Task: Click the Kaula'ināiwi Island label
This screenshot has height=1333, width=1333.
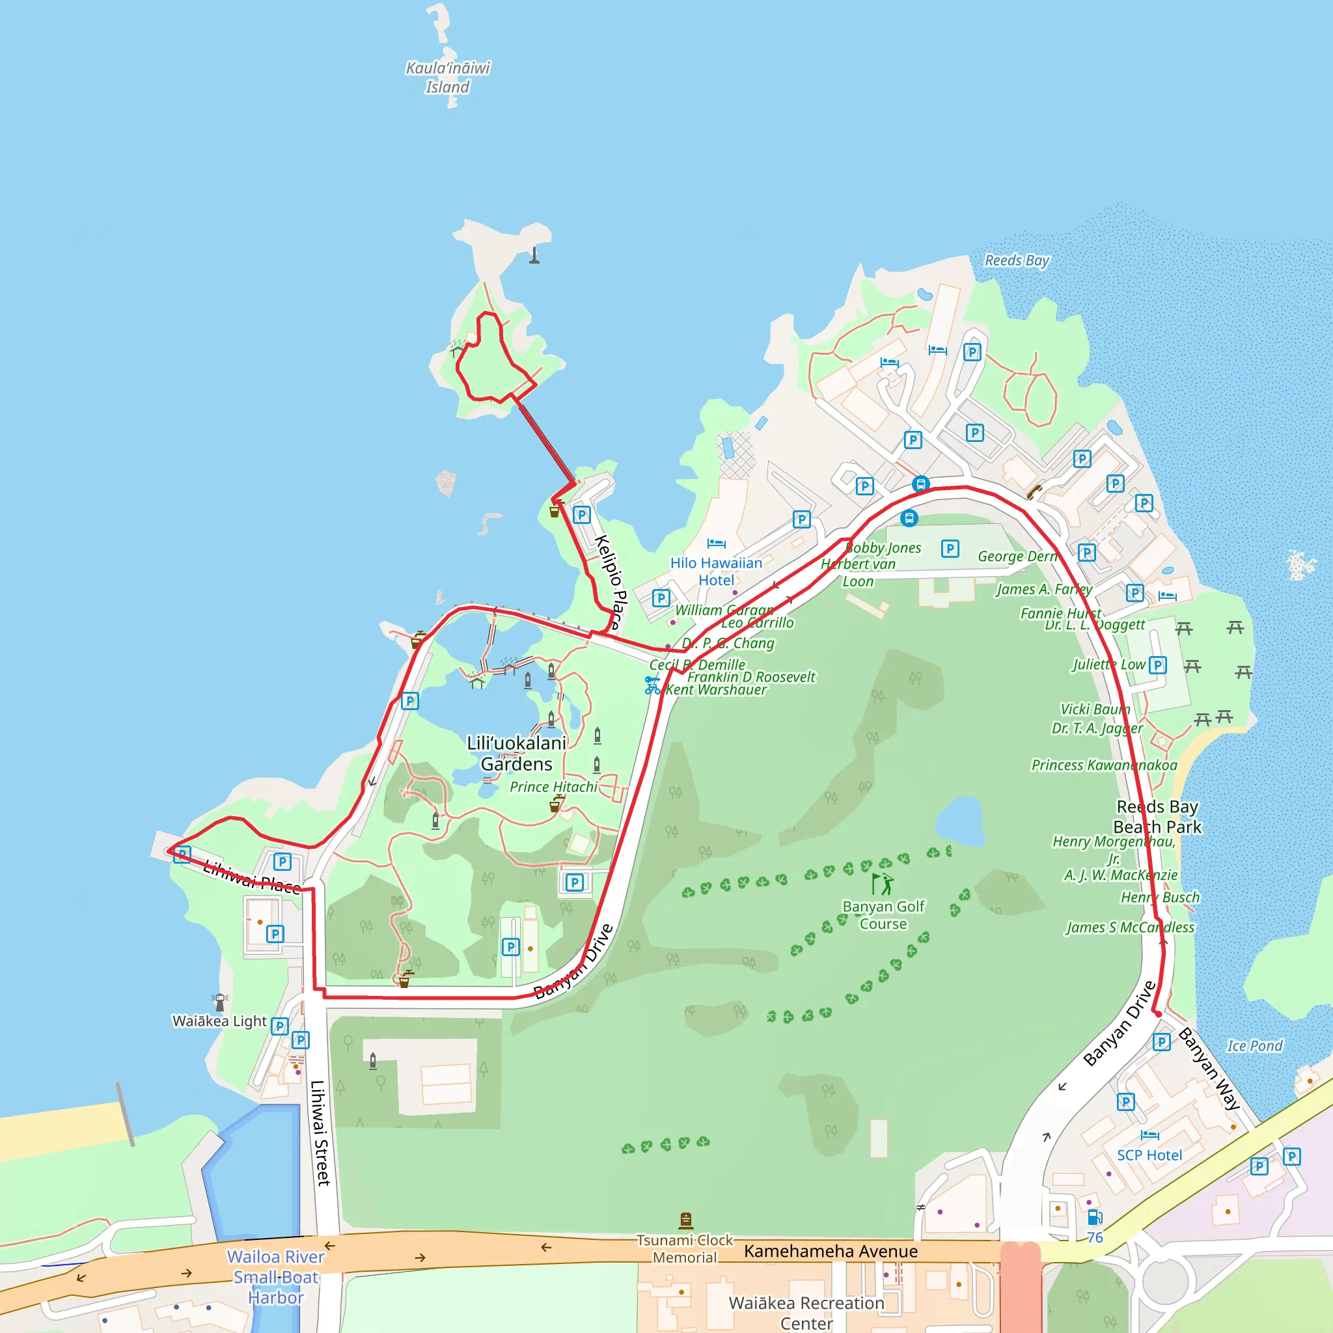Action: point(448,77)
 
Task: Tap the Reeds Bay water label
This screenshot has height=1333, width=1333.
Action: point(1016,261)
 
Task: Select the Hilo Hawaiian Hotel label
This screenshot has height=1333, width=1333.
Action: point(716,571)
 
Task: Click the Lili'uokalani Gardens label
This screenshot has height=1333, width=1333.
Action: point(517,754)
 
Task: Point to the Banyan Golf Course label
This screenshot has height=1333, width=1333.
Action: point(883,915)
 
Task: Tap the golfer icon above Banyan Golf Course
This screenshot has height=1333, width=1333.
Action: point(883,884)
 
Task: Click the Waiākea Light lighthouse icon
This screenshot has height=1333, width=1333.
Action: point(220,1001)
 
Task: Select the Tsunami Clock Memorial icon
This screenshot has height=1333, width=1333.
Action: point(686,1220)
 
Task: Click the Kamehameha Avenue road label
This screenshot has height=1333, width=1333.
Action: point(831,1251)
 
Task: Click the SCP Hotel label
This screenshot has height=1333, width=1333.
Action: point(1149,1155)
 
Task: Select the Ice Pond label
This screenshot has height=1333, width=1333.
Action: point(1254,1046)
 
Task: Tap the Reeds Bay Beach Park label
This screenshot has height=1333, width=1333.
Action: point(1157,816)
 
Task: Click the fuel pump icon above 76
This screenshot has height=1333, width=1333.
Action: point(1094,1216)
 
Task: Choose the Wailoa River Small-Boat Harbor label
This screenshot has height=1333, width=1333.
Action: point(276,1276)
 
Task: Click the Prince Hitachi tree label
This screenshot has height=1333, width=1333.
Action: point(553,786)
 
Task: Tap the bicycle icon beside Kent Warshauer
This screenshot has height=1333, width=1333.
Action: point(652,685)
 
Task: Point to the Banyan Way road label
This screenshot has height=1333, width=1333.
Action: point(1209,1068)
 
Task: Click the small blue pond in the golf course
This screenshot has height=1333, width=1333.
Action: point(961,820)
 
